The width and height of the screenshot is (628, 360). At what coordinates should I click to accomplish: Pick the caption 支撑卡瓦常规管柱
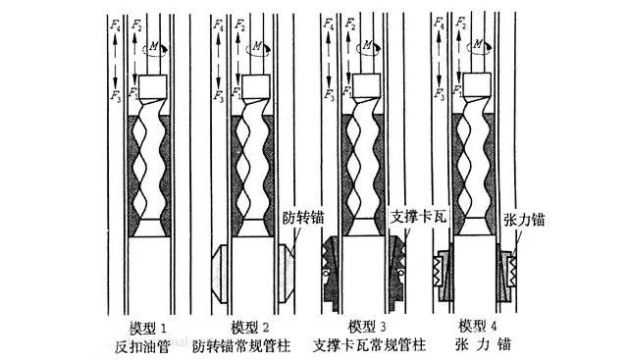pos(370,345)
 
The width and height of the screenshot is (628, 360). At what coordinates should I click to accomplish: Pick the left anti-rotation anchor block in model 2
pos(221,268)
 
